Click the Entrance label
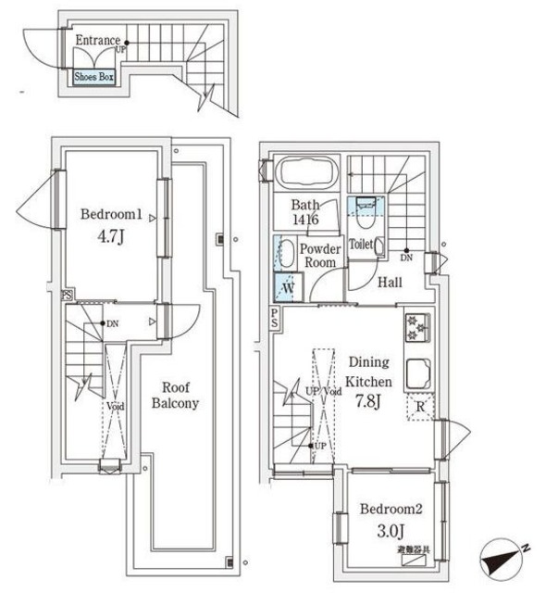tap(98, 40)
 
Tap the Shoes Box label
tap(93, 78)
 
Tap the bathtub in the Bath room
tap(306, 173)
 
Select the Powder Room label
tap(320, 256)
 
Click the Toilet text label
tap(362, 246)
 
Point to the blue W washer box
tap(287, 288)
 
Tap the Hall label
tap(389, 283)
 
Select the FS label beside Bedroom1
tap(66, 296)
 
